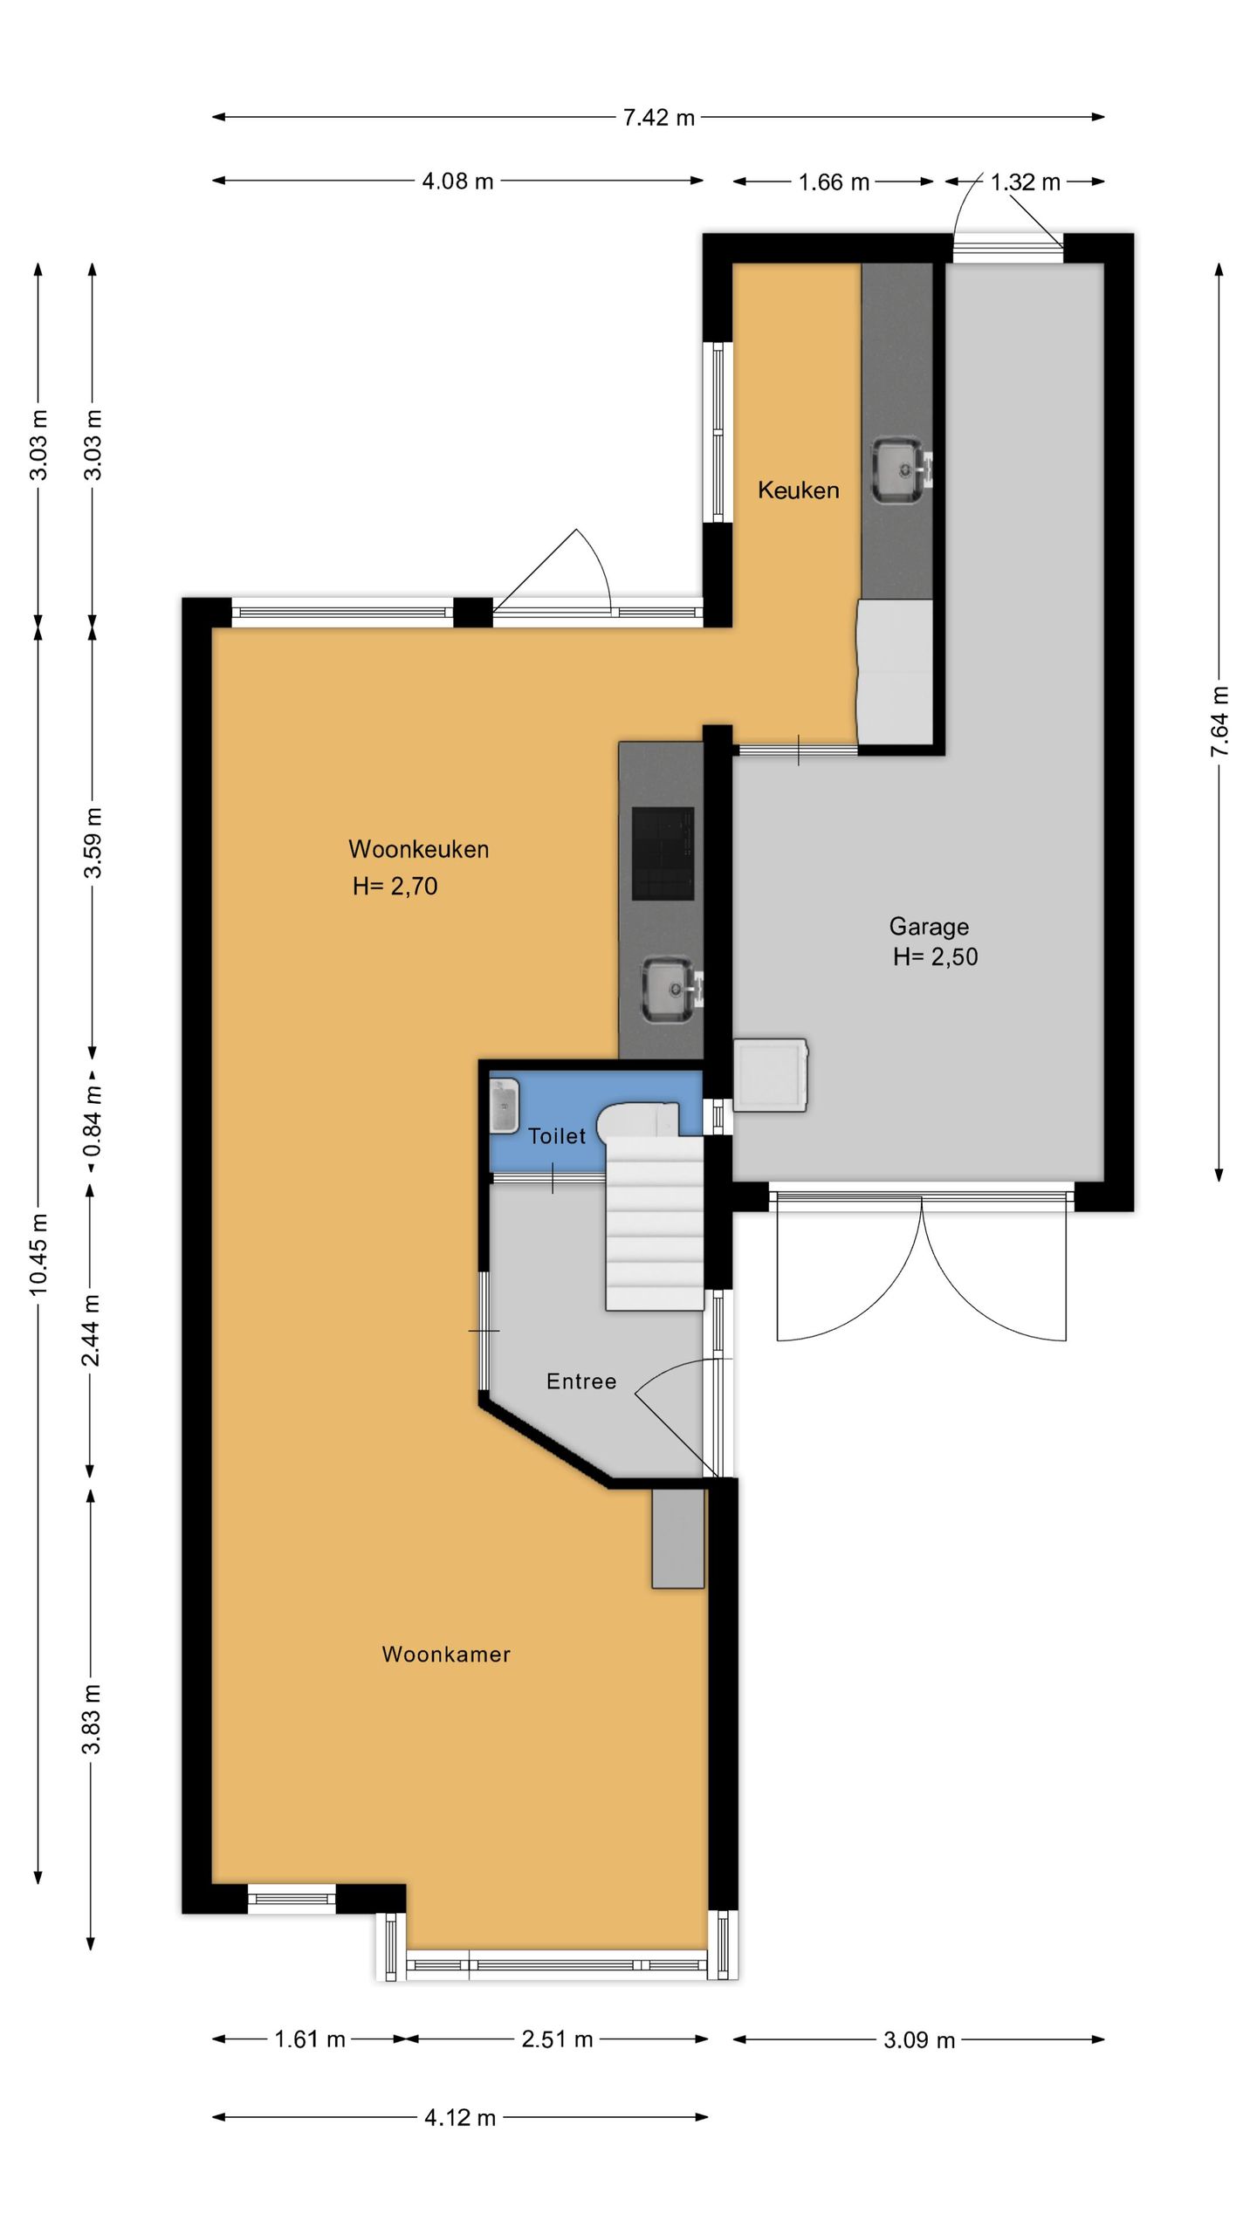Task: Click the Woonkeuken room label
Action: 418,849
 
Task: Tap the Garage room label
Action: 929,927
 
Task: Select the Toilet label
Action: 557,1136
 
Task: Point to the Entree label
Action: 581,1381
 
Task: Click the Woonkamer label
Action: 446,1655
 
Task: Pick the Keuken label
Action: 798,490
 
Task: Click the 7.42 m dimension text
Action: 659,118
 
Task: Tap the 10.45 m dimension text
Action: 39,1254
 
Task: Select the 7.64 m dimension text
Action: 1220,722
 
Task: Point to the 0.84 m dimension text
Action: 93,1121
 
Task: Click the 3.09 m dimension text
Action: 919,2040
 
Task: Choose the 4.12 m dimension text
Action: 460,2118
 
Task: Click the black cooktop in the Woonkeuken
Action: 663,853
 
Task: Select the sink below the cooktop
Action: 670,990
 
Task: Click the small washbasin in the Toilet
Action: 505,1106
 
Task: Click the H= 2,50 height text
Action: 935,957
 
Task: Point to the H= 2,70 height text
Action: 395,887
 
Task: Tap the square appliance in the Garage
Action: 770,1074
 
